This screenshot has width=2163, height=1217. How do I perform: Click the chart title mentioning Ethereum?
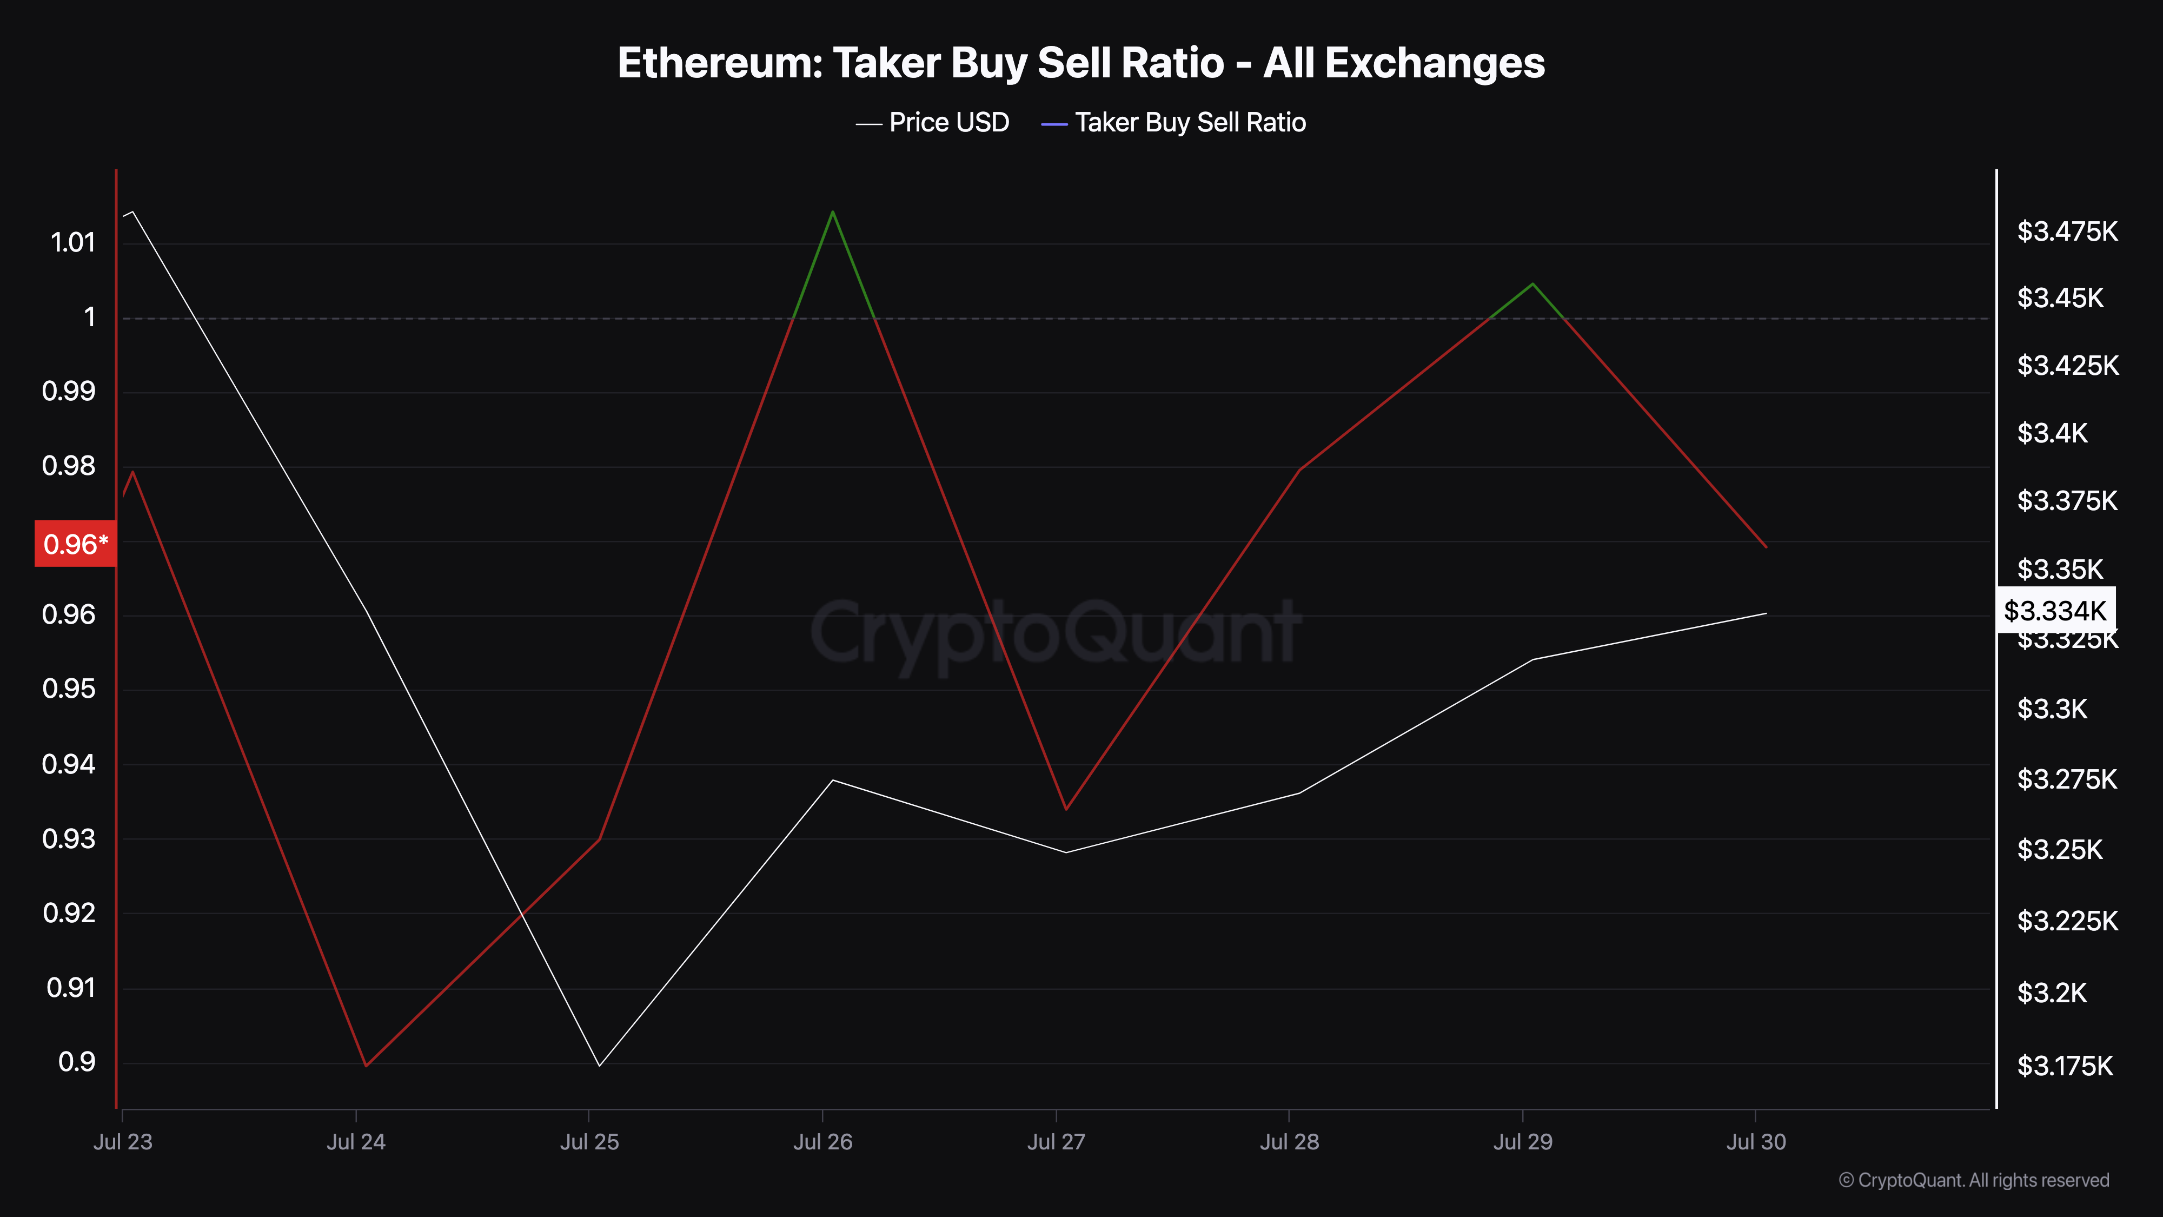point(1080,63)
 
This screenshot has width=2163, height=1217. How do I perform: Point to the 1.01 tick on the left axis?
point(73,243)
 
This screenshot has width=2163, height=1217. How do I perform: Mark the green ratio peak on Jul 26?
point(832,213)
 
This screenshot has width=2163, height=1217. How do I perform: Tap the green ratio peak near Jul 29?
point(1532,285)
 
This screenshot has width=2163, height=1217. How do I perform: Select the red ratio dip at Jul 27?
point(1065,809)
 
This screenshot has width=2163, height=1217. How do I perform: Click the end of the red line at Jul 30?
point(1766,547)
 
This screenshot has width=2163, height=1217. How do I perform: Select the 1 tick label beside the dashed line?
point(89,318)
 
